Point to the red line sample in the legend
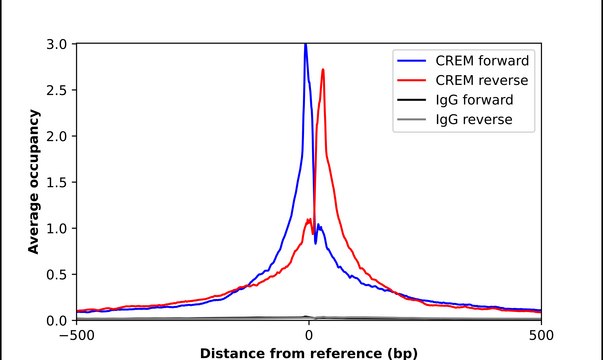(414, 79)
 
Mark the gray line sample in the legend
(414, 120)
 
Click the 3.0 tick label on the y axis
(58, 44)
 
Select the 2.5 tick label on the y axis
(58, 90)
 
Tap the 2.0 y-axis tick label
(58, 136)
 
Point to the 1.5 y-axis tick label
(58, 182)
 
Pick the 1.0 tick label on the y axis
(58, 228)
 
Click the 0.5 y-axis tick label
(58, 274)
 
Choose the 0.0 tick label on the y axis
(58, 320)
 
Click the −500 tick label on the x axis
(77, 336)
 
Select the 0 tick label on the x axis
(309, 336)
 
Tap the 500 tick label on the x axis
(540, 336)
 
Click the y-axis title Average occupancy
(33, 182)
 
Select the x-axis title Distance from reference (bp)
(309, 353)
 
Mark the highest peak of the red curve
(323, 69)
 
